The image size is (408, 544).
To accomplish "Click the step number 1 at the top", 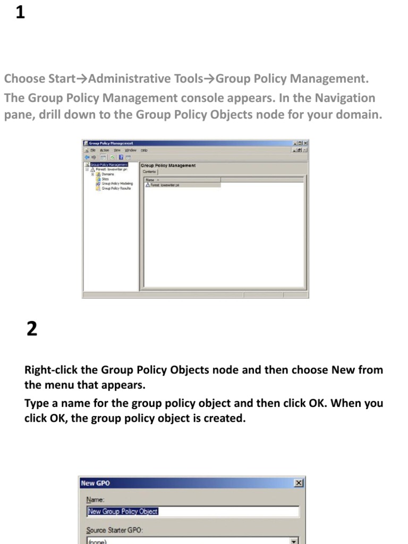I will coord(20,12).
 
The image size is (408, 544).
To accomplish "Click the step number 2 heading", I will coord(32,329).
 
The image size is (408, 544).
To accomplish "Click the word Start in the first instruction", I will coord(62,79).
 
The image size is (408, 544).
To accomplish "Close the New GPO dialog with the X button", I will coord(299,483).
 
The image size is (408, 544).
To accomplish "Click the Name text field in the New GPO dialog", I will coord(192,512).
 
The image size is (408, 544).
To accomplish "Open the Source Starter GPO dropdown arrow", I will coord(293,540).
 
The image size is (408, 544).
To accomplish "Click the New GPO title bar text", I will coord(96,483).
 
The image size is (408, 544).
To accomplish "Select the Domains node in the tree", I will coord(108,174).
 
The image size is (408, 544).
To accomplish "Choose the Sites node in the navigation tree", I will coord(105,179).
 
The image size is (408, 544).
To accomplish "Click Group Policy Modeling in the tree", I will coord(117,184).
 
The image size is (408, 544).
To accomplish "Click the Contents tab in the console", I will coord(149,172).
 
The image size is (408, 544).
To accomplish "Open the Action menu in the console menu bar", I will coord(105,150).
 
